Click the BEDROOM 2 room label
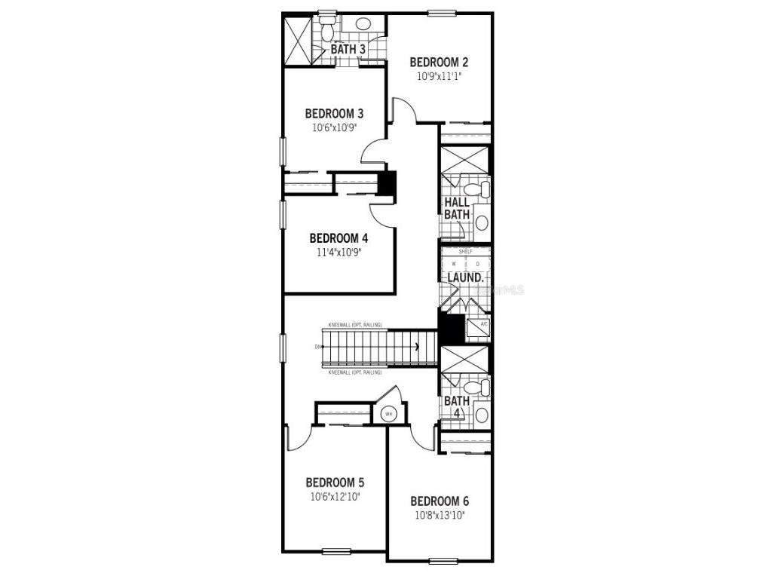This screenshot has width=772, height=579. (x=439, y=62)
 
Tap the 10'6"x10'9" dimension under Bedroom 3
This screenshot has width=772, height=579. (x=334, y=127)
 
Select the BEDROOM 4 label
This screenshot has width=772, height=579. (x=339, y=238)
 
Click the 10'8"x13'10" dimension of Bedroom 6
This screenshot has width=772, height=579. (x=440, y=516)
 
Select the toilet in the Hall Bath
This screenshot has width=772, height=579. (x=476, y=188)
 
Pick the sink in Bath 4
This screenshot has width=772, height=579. (x=481, y=414)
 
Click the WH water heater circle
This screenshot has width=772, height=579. (x=389, y=413)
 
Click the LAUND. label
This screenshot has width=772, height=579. (x=464, y=277)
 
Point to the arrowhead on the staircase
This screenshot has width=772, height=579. (x=416, y=347)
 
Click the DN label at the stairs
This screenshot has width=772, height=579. (x=319, y=347)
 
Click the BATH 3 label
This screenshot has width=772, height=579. (x=348, y=50)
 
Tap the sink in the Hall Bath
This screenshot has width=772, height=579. (x=481, y=222)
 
